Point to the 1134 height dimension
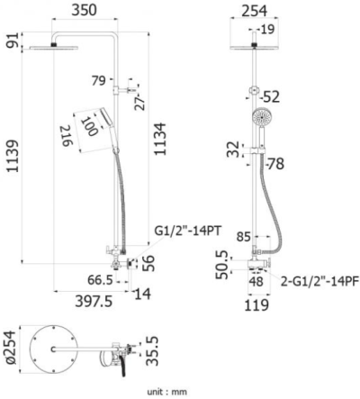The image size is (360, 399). [160, 141]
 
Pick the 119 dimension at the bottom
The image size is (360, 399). [256, 304]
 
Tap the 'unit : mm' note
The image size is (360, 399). [167, 391]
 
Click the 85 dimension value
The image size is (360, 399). [241, 239]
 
